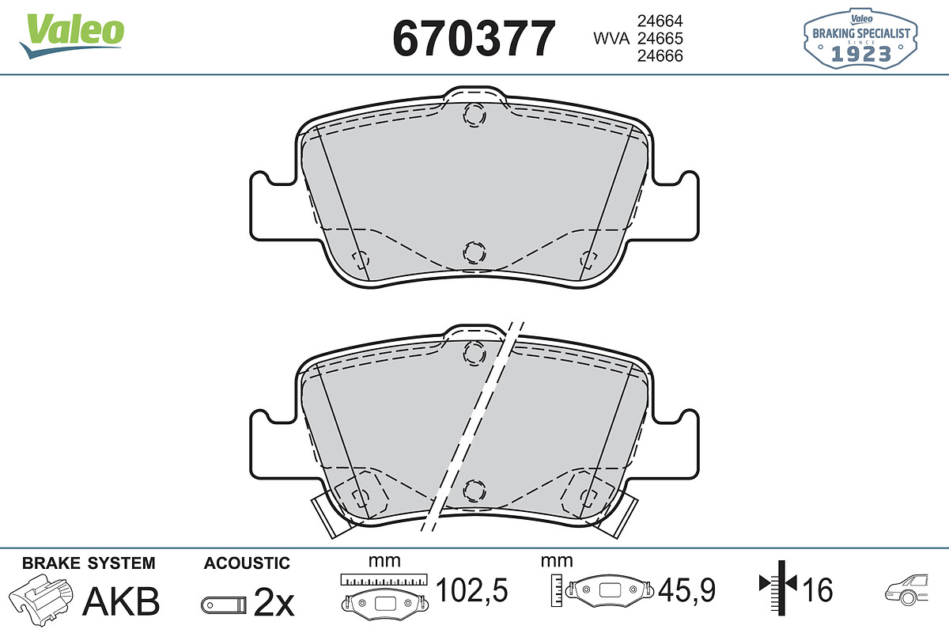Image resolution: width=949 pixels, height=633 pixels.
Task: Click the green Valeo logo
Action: pos(72,36)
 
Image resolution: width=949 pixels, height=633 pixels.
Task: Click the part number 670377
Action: pos(474,39)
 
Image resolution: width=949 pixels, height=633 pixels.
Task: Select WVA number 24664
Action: pos(660,21)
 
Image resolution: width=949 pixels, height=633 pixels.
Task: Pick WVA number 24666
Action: pos(660,55)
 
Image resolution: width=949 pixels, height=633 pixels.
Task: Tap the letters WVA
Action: pos(611,39)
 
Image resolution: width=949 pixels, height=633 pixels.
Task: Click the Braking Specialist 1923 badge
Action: pos(860,38)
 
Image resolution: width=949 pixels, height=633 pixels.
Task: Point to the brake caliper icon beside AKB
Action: pos(40,599)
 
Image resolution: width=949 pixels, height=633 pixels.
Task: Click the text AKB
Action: pos(121,601)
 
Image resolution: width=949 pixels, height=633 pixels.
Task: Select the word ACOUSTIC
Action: pos(247,563)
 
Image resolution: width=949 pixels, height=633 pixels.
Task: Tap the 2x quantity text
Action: pos(274,602)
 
